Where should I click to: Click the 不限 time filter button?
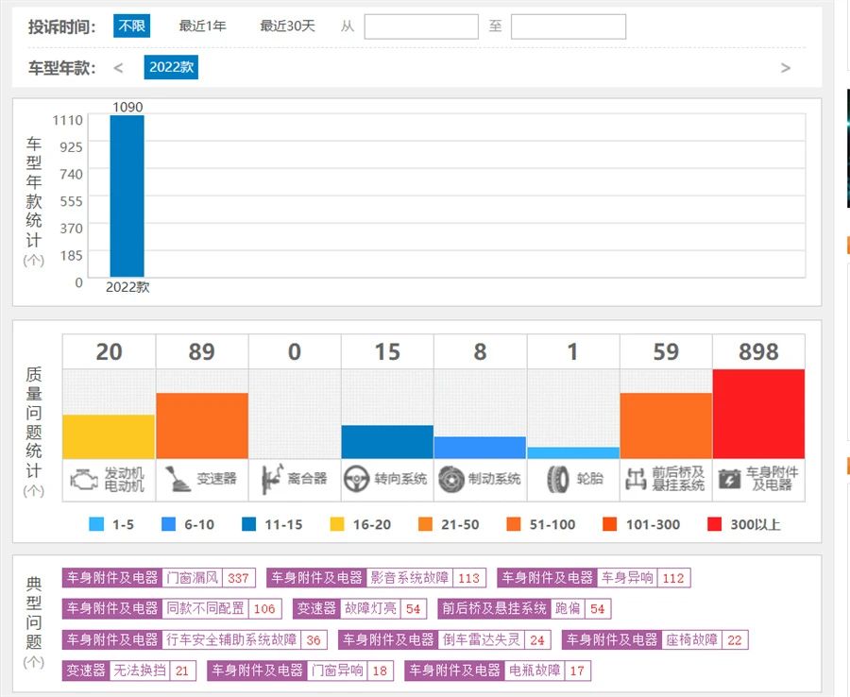click(131, 26)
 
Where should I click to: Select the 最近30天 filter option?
click(287, 26)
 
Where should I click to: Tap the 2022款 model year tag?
click(171, 67)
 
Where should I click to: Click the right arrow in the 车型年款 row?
click(785, 68)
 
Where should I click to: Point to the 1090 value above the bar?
click(127, 107)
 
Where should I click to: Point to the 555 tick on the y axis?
click(72, 201)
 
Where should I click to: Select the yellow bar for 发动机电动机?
click(109, 436)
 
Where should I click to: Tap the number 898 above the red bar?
click(758, 352)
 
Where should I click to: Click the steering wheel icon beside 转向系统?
click(356, 479)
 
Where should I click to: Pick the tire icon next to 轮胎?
click(557, 479)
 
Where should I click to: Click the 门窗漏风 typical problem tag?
click(192, 578)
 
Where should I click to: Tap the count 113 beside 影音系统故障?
click(468, 578)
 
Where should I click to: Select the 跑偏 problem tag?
click(568, 609)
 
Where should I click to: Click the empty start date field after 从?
click(421, 26)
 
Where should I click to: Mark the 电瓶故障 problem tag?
click(534, 671)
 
